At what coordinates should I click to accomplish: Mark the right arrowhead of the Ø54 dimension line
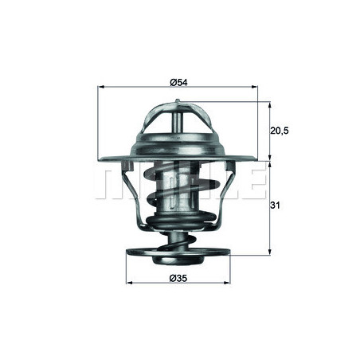pos(260,87)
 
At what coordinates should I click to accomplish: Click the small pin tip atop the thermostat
pos(181,103)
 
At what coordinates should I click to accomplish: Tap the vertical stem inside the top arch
pos(181,127)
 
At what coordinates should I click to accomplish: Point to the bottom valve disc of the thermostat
pos(181,254)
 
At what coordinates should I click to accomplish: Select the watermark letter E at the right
pos(253,183)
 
